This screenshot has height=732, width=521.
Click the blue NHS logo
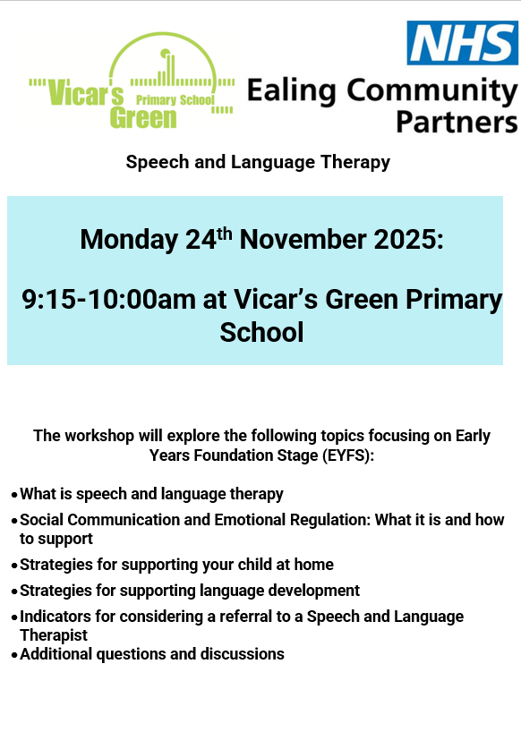click(x=462, y=42)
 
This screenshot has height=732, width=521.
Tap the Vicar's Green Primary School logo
click(x=132, y=81)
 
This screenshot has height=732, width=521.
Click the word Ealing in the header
click(x=291, y=91)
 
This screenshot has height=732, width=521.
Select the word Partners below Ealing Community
click(x=457, y=122)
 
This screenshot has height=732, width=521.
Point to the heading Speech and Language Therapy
click(x=258, y=162)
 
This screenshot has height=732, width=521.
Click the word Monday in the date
click(x=129, y=240)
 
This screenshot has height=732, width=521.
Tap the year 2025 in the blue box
click(x=408, y=239)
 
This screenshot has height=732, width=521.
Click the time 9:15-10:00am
click(x=109, y=299)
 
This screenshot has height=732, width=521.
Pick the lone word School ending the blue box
click(x=261, y=332)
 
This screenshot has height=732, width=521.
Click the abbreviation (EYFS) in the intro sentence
click(x=348, y=455)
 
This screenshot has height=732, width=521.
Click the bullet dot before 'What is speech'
click(x=14, y=495)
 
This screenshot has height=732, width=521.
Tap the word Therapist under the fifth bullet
click(x=53, y=634)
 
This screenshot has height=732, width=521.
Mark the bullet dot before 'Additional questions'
click(x=14, y=655)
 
